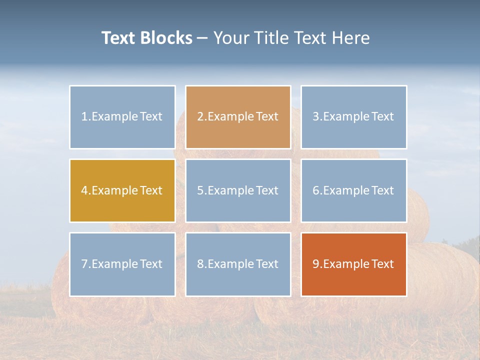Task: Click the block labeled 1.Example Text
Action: tap(122, 117)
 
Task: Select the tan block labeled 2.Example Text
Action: tap(238, 117)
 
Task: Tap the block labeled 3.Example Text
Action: tap(353, 117)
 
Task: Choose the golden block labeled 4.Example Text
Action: tap(122, 190)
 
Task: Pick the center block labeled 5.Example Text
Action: tap(238, 190)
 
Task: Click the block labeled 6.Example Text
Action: tap(353, 190)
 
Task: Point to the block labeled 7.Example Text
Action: tap(122, 264)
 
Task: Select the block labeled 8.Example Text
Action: tap(238, 264)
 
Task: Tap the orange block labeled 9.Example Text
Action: tap(353, 264)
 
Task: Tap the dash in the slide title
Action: tap(202, 38)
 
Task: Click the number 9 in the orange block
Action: tap(316, 264)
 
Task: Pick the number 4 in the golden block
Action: tap(84, 190)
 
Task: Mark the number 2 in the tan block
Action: tap(200, 117)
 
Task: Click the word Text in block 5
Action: tap(267, 190)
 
